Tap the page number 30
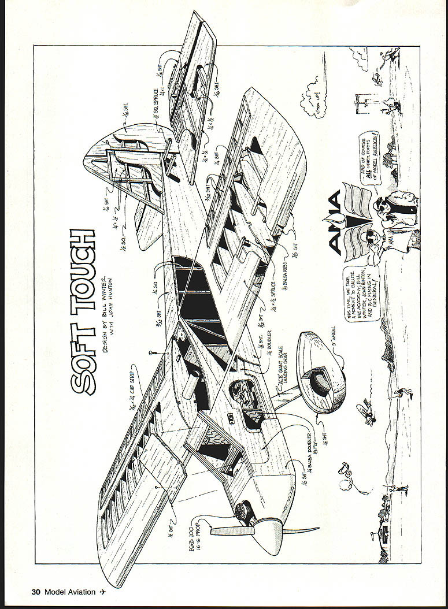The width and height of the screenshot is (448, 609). coord(36,592)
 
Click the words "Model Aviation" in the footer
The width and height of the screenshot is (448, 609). coord(69,592)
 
